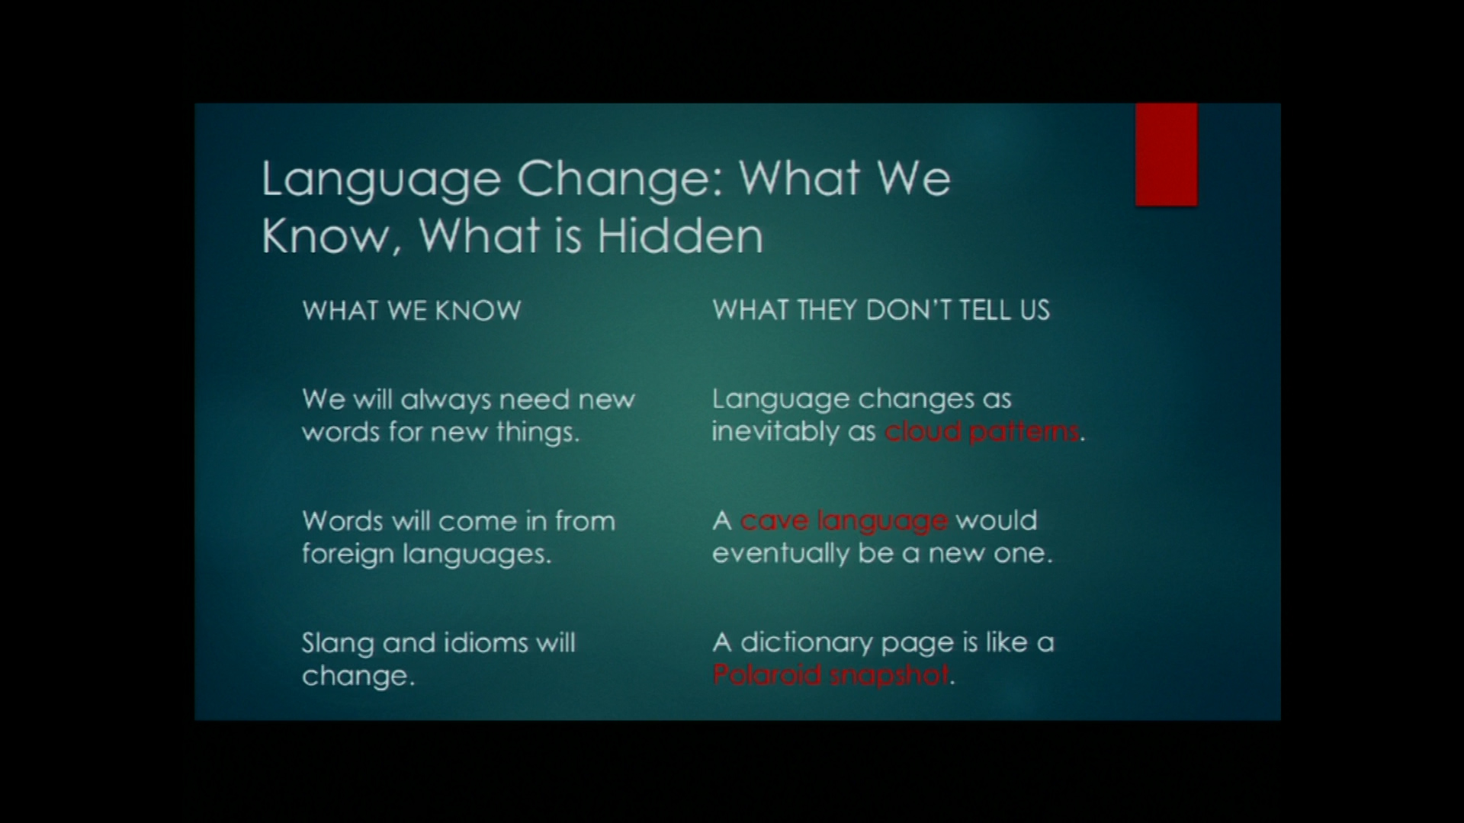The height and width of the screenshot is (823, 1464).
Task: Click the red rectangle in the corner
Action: pos(1166,155)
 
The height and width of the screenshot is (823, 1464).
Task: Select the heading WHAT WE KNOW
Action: pos(412,310)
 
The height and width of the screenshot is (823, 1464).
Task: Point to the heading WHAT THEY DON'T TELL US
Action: pos(881,310)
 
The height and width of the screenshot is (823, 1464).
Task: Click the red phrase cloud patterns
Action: pos(982,431)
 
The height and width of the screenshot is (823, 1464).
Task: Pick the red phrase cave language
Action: pos(844,521)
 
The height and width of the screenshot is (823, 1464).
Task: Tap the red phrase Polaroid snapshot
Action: pos(831,674)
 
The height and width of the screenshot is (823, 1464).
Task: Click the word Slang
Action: pos(338,644)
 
